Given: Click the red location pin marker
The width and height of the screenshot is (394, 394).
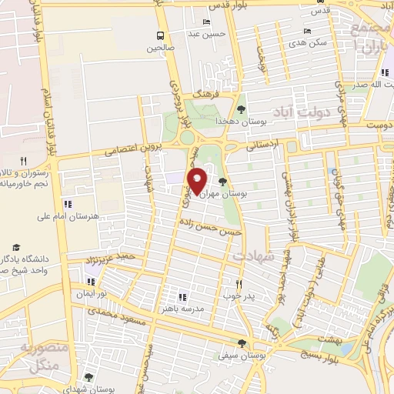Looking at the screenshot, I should pyautogui.click(x=198, y=180).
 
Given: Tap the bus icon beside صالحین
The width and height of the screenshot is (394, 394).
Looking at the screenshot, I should pyautogui.click(x=160, y=35).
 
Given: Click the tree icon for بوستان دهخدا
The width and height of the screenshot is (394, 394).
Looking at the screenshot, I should pyautogui.click(x=242, y=109).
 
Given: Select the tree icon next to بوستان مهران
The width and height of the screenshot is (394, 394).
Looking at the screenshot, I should pyautogui.click(x=222, y=182).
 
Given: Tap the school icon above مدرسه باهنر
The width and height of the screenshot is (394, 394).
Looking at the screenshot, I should pyautogui.click(x=182, y=296).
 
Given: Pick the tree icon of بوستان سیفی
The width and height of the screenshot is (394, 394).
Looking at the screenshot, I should pyautogui.click(x=242, y=344).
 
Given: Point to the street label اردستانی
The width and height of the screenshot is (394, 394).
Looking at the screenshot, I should pyautogui.click(x=262, y=144).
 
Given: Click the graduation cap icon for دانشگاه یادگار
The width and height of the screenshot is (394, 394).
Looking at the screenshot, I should pyautogui.click(x=38, y=246).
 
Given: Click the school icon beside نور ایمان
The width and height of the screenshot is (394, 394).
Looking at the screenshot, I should pyautogui.click(x=92, y=282).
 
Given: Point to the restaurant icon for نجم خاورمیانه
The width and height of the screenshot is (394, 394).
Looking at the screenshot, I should pyautogui.click(x=23, y=161).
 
